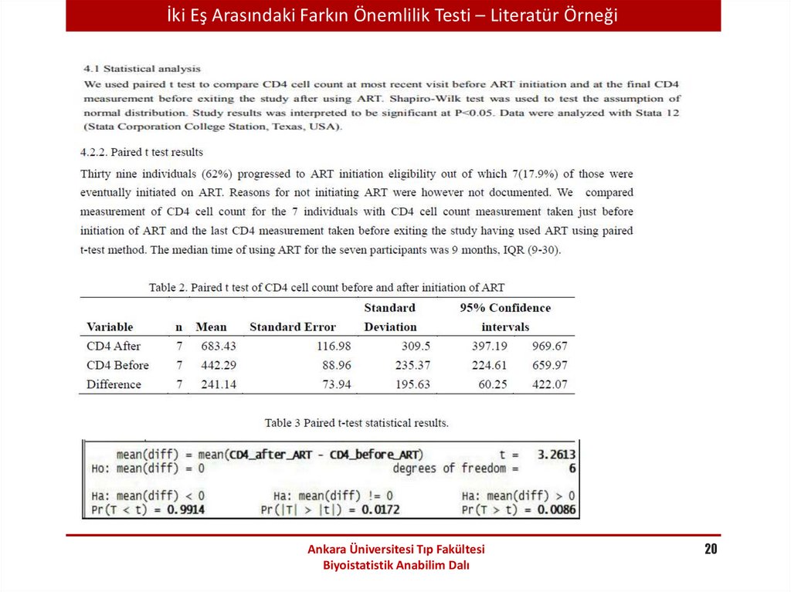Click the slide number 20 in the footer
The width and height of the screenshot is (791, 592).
711,550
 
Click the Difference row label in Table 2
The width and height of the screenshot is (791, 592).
114,384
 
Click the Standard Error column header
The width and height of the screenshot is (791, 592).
293,326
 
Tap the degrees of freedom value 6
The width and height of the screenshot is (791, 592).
572,469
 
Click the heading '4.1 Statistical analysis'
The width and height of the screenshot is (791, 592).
142,69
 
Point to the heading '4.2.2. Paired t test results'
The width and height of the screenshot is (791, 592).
142,152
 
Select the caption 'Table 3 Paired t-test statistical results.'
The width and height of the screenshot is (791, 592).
356,423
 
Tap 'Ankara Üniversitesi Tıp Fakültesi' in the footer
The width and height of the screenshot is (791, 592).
395,550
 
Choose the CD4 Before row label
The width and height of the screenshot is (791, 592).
117,365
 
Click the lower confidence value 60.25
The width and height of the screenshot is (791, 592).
493,384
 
